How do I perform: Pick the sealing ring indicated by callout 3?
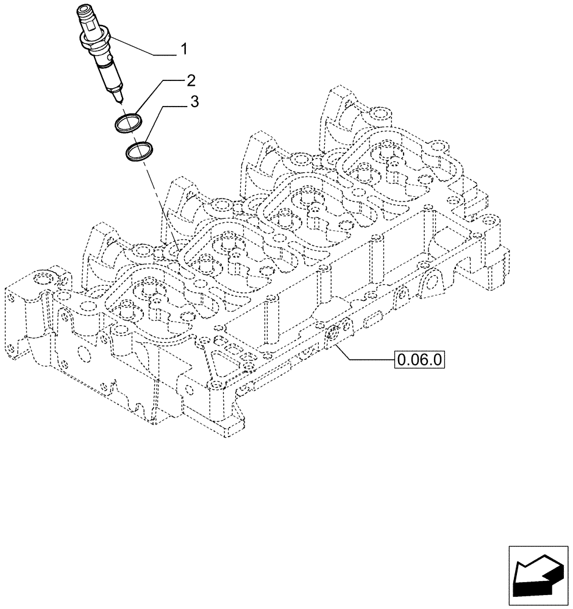[x=140, y=152]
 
